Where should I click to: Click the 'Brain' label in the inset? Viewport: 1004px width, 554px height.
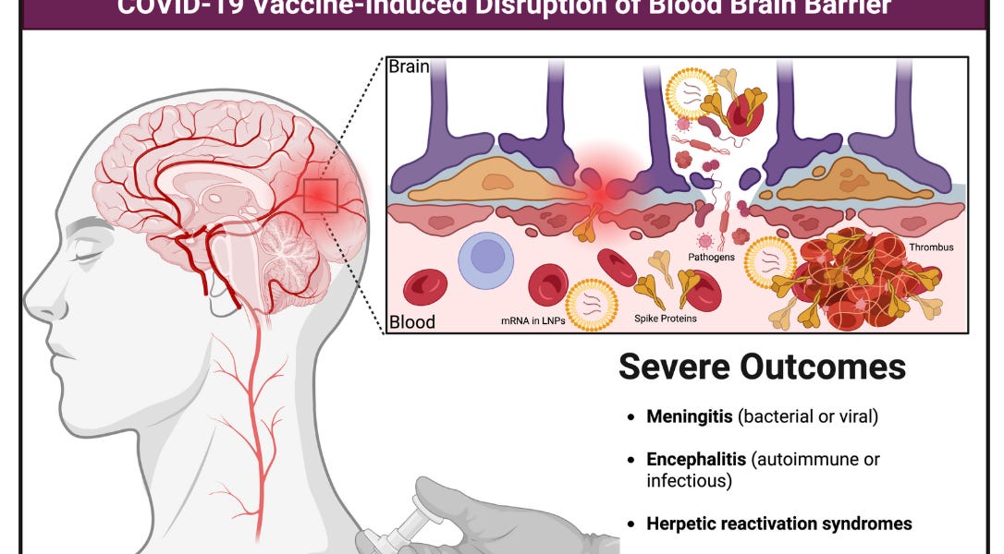click(409, 67)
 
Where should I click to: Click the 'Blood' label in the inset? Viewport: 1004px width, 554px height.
click(411, 322)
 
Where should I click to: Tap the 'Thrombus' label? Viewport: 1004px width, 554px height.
click(930, 247)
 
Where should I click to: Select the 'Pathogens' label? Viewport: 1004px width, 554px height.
click(711, 257)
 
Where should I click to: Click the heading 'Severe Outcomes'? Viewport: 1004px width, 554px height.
click(762, 367)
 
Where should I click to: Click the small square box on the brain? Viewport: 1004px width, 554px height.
click(320, 195)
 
